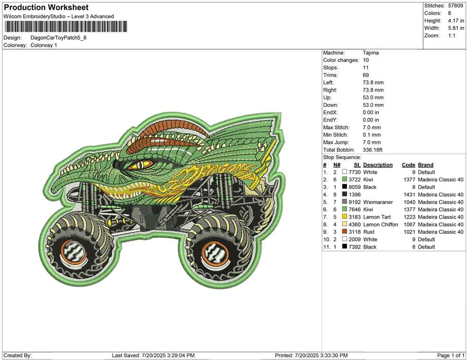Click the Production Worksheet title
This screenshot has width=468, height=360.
click(46, 8)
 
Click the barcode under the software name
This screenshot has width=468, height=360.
click(65, 26)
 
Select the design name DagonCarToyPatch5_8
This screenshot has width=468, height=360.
click(59, 38)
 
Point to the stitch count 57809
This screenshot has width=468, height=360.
click(455, 6)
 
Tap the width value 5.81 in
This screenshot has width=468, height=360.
click(456, 28)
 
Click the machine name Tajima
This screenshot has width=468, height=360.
click(371, 53)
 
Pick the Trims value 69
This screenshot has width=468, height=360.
click(366, 75)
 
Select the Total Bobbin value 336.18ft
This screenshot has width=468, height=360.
click(373, 150)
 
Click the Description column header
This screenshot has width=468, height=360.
click(378, 165)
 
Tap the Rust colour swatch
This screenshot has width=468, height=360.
click(345, 232)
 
